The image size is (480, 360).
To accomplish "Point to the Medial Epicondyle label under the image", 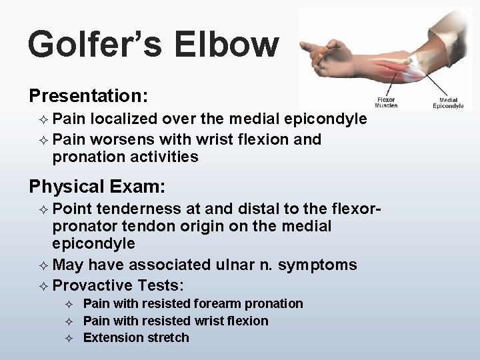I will (x=448, y=102).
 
